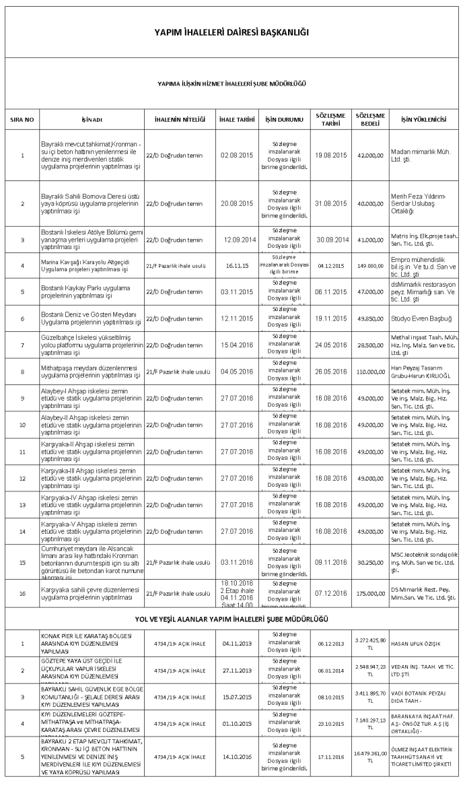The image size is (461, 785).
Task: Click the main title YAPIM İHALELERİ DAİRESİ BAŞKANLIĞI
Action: [x=232, y=32]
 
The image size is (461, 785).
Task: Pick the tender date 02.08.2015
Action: [x=236, y=155]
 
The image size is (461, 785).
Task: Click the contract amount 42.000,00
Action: [x=369, y=155]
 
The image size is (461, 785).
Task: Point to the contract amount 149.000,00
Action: [x=369, y=265]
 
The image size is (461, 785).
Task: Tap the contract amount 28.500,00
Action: [x=369, y=344]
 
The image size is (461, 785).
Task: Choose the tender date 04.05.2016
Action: [x=236, y=371]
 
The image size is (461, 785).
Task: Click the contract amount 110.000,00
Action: [x=369, y=371]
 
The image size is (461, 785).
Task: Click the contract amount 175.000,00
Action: [x=369, y=593]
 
